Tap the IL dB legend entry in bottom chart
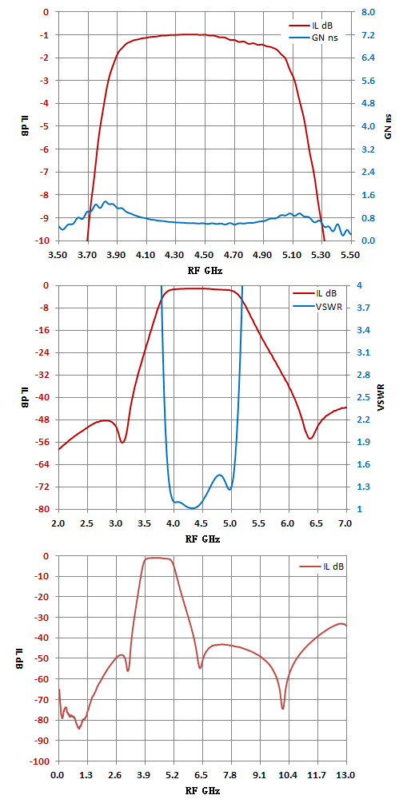pos(321,567)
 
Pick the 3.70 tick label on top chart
pos(88,254)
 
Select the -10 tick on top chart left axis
pos(44,241)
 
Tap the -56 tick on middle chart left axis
pos(44,442)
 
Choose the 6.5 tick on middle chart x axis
pos(317,523)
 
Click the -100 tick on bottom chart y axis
pos(42,761)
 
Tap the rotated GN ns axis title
pos(389,126)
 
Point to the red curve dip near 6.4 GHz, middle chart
pos(309,439)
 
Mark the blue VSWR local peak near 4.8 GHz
pos(220,475)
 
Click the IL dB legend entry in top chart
pos(313,25)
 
